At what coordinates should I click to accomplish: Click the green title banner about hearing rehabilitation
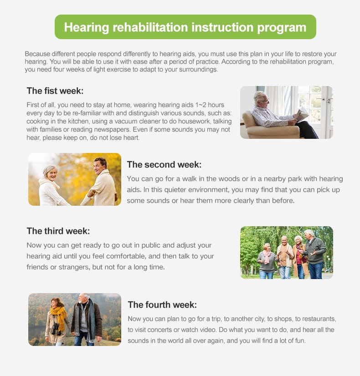pyautogui.click(x=185, y=27)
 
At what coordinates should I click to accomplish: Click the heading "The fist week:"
pyautogui.click(x=55, y=91)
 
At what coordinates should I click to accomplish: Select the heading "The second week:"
pyautogui.click(x=164, y=164)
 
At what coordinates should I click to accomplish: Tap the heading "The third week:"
pyautogui.click(x=58, y=231)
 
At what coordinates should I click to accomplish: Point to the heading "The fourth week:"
pyautogui.click(x=162, y=305)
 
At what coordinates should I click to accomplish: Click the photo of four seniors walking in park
pyautogui.click(x=286, y=252)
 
